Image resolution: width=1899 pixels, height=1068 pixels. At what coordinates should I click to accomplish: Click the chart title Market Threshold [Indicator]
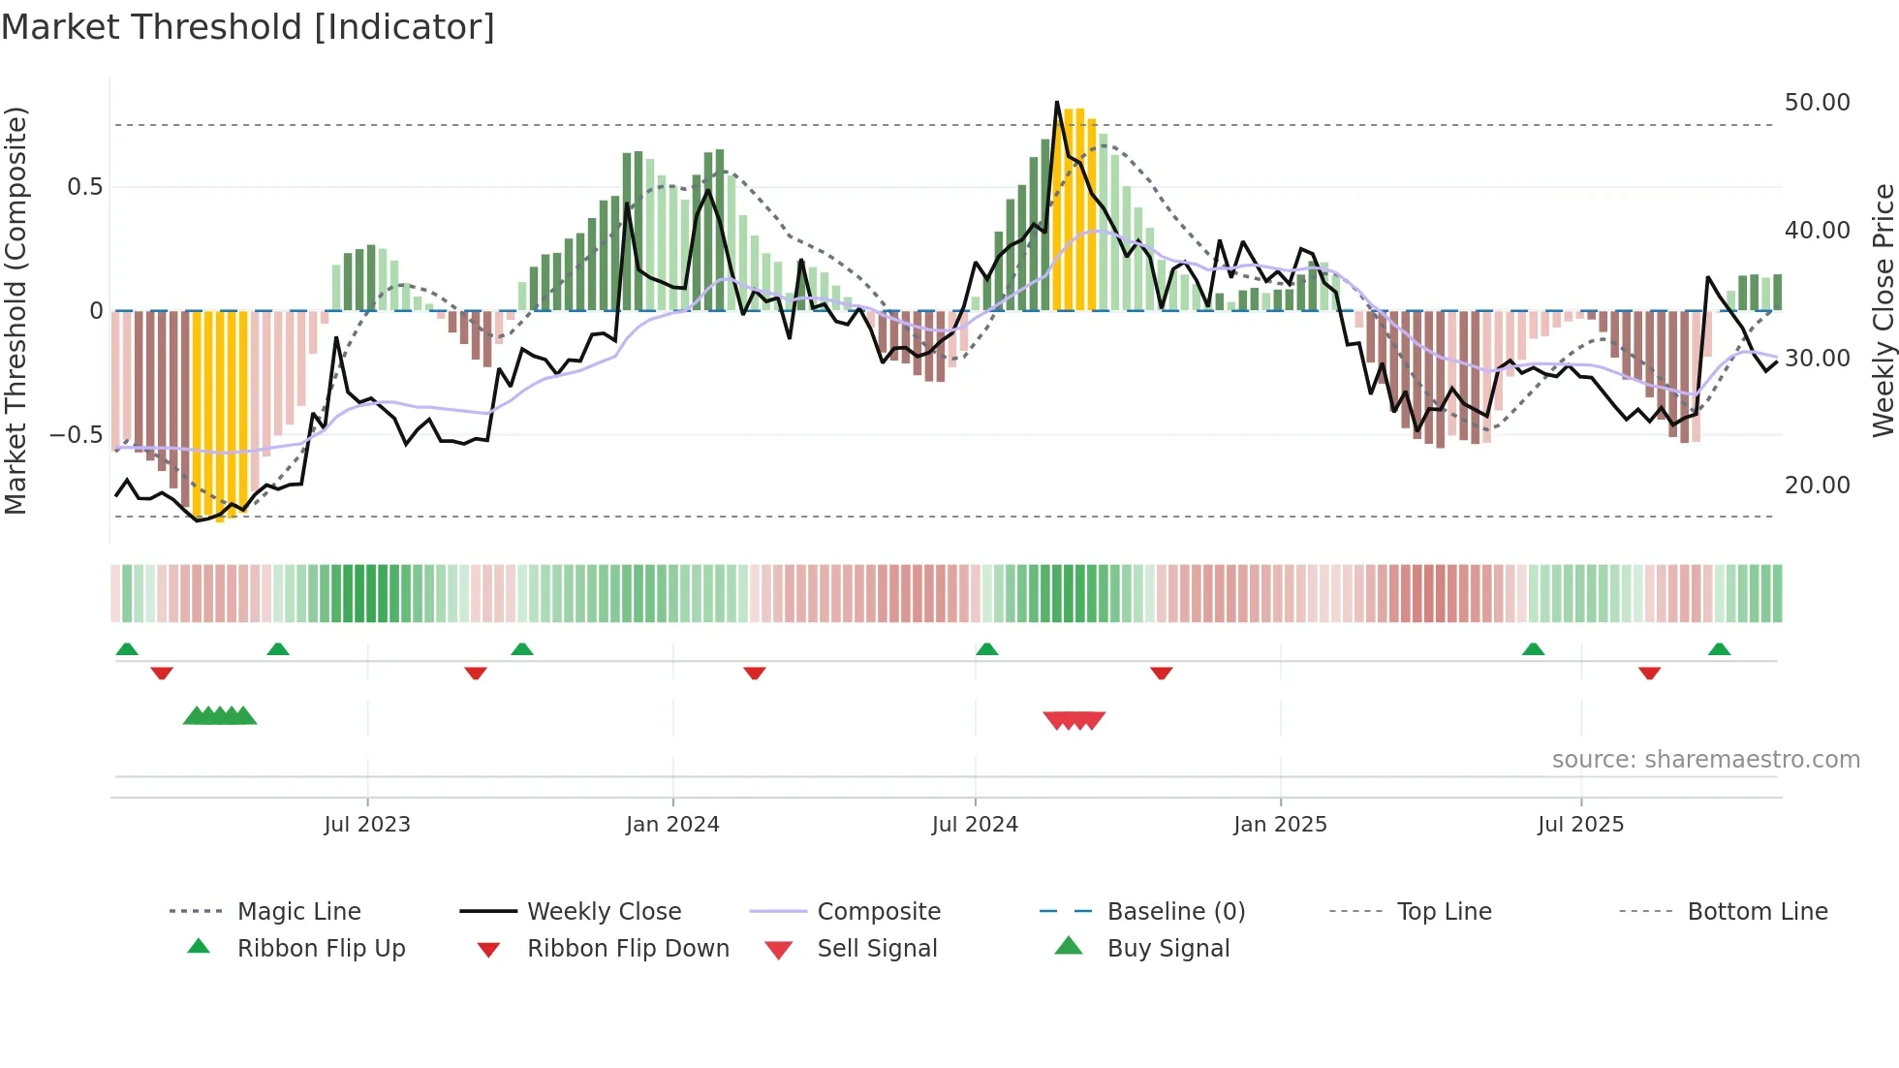(x=248, y=27)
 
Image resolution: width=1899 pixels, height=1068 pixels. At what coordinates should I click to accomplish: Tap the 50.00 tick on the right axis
(x=1817, y=103)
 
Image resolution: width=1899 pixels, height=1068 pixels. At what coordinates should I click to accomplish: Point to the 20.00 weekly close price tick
(x=1817, y=486)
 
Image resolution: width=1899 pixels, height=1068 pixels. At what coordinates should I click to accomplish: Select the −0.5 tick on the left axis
(x=76, y=435)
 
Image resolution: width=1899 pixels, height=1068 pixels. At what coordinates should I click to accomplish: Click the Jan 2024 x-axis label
(x=672, y=825)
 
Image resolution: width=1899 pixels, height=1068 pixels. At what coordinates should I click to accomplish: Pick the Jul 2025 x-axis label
(x=1580, y=825)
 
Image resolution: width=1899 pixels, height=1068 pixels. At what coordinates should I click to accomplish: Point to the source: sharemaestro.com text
(x=1705, y=760)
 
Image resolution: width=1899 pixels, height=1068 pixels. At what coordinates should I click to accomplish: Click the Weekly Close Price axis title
(x=1883, y=310)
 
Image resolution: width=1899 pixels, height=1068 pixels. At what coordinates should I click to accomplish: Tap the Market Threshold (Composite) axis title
(x=16, y=310)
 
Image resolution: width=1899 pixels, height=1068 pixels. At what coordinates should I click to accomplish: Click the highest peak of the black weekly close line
(x=1057, y=103)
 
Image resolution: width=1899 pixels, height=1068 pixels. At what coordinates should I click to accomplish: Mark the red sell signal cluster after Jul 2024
(x=1074, y=720)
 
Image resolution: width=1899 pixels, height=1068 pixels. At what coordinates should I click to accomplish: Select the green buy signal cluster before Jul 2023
(x=220, y=716)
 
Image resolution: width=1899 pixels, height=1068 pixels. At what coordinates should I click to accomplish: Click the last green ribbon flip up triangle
(x=1719, y=649)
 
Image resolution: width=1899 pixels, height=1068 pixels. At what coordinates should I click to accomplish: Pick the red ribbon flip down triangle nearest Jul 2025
(x=1649, y=674)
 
